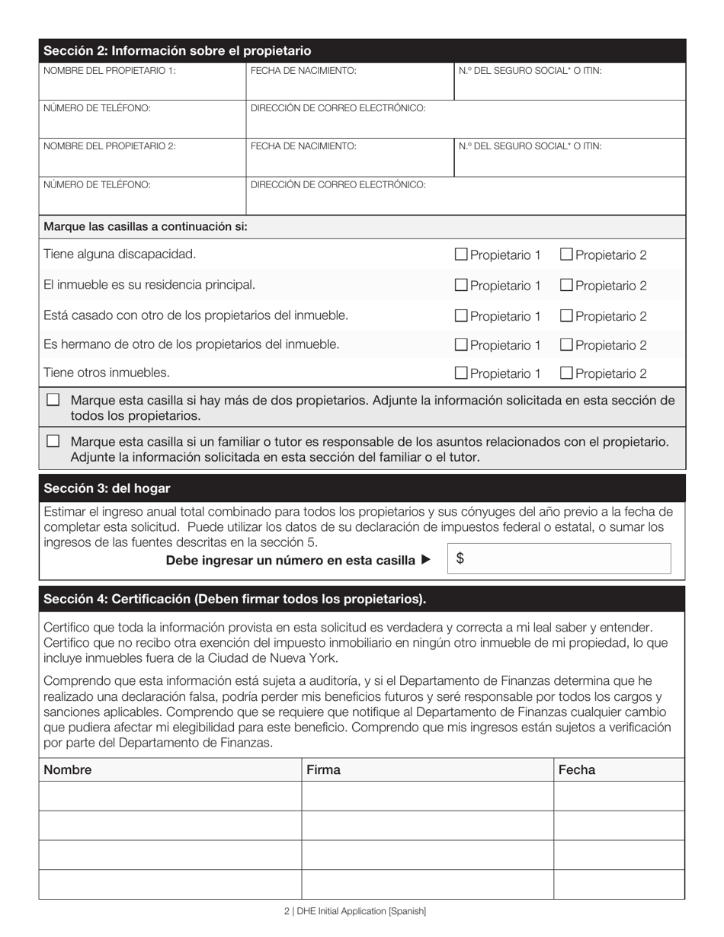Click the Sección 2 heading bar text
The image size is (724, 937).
coord(177,51)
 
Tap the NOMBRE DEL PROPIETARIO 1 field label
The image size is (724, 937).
coord(110,71)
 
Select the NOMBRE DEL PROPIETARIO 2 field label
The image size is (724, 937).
coord(110,146)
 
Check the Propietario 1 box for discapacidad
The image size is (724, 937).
coord(460,254)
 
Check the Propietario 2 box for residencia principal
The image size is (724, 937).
coord(566,285)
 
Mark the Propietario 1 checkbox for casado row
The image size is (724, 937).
coord(460,315)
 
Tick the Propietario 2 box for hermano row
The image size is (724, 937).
coord(566,344)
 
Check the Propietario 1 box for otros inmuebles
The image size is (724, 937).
coord(460,373)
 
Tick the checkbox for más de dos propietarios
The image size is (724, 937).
coord(53,400)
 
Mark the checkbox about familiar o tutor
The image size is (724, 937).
coord(53,441)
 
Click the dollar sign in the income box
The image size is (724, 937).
coord(460,558)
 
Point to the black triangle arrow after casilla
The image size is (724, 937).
coord(426,560)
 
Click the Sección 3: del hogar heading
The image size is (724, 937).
coord(107,488)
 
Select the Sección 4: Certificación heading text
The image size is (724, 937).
coord(235,599)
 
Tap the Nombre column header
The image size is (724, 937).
coord(68,769)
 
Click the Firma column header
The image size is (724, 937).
coord(323,769)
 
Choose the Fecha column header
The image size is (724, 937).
coord(577,769)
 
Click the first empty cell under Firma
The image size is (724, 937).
coord(427,795)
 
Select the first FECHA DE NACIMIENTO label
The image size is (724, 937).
coord(303,71)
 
